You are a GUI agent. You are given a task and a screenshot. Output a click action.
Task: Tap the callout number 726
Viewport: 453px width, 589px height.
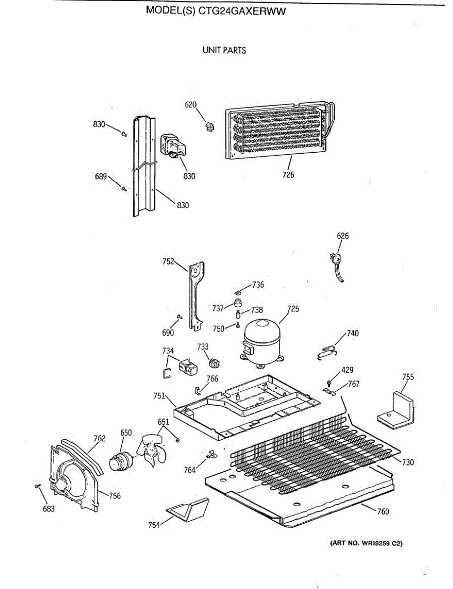tap(288, 174)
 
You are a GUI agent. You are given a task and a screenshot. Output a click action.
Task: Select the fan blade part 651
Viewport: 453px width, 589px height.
tap(155, 447)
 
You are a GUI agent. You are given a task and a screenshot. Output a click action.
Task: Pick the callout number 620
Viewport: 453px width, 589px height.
tap(190, 105)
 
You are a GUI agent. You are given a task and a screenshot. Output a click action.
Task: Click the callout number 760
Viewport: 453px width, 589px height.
tap(383, 512)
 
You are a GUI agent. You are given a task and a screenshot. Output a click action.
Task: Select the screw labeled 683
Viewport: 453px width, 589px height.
tap(38, 486)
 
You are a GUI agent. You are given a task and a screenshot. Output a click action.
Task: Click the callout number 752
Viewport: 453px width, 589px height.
tap(168, 262)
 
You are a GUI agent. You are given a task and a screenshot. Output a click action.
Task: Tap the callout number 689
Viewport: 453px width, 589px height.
tap(101, 177)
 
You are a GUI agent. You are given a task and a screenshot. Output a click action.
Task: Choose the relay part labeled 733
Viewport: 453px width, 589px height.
tap(214, 363)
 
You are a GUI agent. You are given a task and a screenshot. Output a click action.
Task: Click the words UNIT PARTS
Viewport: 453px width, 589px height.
tap(224, 50)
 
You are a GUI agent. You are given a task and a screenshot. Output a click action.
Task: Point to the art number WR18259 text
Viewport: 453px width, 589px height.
tap(366, 543)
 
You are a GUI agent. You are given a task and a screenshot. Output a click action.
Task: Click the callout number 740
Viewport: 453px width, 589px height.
tap(352, 333)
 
